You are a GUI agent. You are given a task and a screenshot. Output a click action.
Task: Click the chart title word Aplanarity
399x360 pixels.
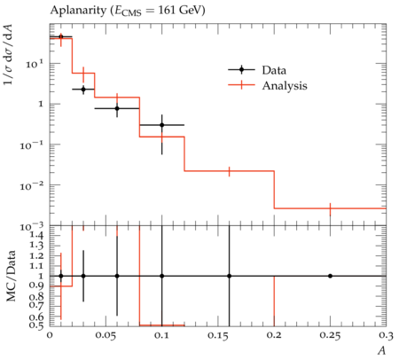78,11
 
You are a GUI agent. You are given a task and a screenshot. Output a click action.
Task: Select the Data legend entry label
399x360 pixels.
274,70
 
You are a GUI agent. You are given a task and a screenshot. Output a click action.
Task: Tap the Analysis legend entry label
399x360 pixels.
285,86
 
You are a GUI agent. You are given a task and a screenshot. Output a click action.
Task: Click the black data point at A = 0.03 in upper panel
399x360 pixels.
83,89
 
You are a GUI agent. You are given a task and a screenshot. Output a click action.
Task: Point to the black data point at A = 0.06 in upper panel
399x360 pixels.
117,108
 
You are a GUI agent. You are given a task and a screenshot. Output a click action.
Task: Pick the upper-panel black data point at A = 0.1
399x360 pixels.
162,125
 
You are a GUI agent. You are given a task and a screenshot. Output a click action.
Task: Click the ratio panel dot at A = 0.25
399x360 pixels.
330,276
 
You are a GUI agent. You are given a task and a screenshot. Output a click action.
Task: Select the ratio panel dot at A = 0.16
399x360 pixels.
229,276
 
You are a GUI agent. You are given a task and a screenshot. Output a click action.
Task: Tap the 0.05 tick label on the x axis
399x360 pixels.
106,336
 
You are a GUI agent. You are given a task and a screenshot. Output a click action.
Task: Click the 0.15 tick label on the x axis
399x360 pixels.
218,336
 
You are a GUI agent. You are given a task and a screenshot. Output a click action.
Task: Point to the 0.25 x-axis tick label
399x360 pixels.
330,336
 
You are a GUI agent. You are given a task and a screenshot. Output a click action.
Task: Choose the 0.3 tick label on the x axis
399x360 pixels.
387,336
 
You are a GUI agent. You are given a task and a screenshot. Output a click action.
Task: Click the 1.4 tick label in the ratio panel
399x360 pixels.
36,236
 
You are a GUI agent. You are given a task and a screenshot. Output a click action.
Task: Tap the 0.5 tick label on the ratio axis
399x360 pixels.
36,325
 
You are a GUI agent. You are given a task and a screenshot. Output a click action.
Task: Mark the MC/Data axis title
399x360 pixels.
11,276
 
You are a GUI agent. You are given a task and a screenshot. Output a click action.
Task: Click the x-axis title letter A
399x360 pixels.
382,350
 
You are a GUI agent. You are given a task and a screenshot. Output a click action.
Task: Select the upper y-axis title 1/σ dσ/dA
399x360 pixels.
11,56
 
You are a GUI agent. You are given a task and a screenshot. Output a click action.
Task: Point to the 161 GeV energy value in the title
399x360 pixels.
182,11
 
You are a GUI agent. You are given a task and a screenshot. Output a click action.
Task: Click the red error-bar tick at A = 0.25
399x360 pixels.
330,209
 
